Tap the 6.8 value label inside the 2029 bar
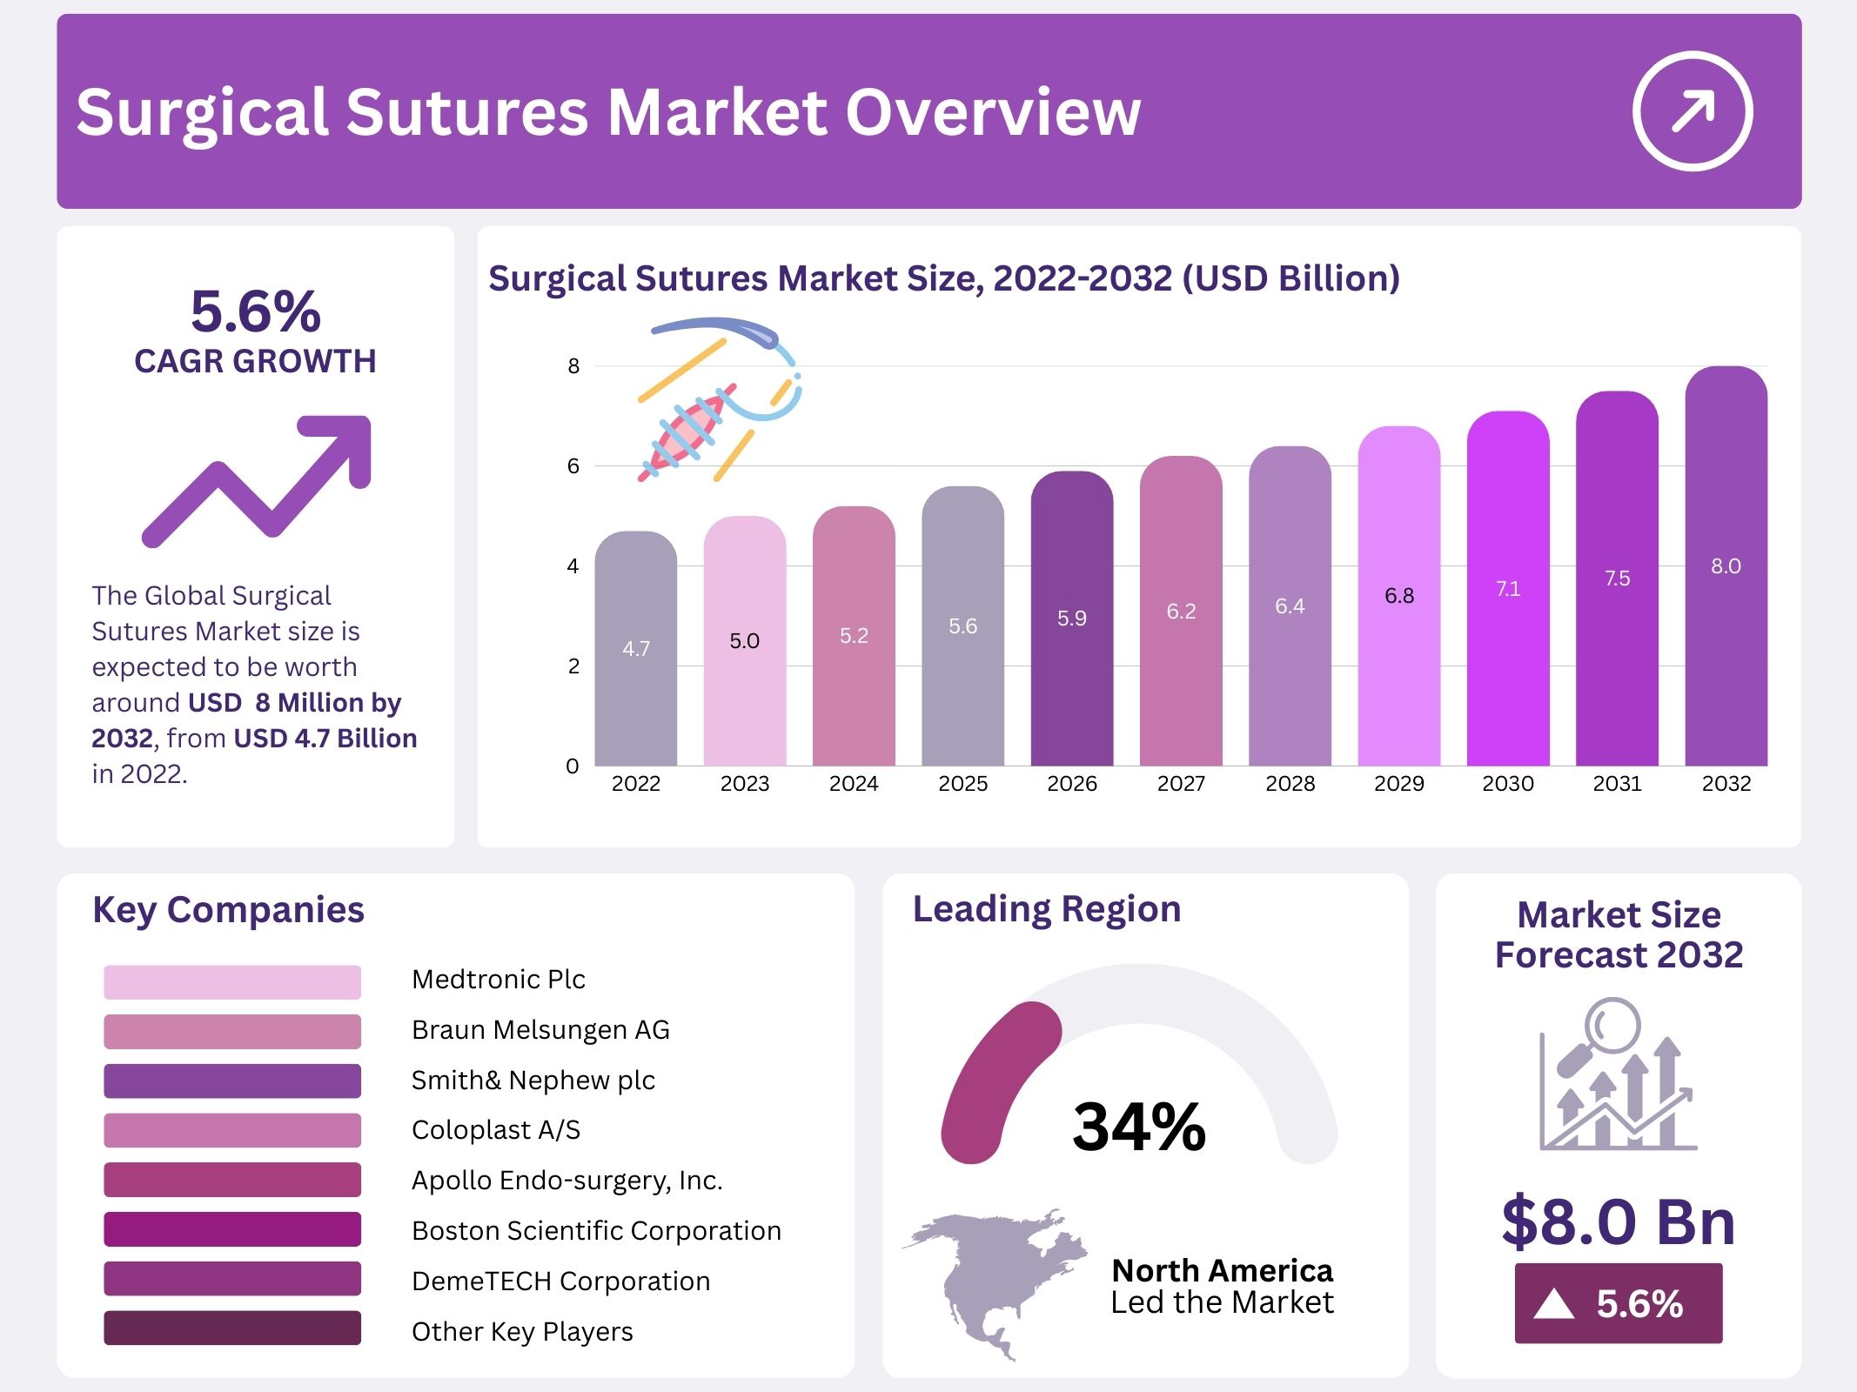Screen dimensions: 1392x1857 (x=1399, y=596)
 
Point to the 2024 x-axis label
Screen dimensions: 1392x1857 (x=854, y=784)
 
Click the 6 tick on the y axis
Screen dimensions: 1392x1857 (x=573, y=466)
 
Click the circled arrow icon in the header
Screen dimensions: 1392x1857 (x=1692, y=111)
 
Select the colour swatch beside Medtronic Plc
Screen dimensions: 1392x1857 (x=232, y=981)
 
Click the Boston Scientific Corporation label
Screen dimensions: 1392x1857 (x=596, y=1230)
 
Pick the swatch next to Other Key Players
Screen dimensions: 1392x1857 (x=232, y=1328)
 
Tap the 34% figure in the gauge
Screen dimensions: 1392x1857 (x=1138, y=1128)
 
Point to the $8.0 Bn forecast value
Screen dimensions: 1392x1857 (x=1618, y=1222)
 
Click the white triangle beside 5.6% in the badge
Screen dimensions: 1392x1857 (x=1554, y=1303)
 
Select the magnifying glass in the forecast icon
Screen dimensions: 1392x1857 (x=1610, y=1027)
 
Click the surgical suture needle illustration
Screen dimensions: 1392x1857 (x=718, y=400)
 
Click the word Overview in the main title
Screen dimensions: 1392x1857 (x=992, y=112)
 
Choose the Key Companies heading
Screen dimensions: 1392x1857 (x=228, y=910)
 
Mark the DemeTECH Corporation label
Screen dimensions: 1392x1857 (x=560, y=1281)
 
